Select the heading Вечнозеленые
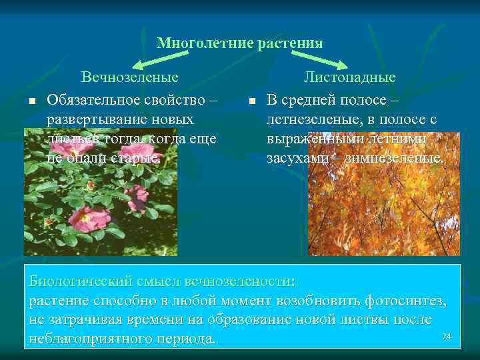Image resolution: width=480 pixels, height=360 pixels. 130,77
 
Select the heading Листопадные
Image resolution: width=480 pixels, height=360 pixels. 349,77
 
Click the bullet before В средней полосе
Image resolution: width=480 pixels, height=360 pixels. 251,101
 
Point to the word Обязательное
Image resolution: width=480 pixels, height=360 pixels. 93,100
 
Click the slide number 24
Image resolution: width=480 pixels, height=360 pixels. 447,337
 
